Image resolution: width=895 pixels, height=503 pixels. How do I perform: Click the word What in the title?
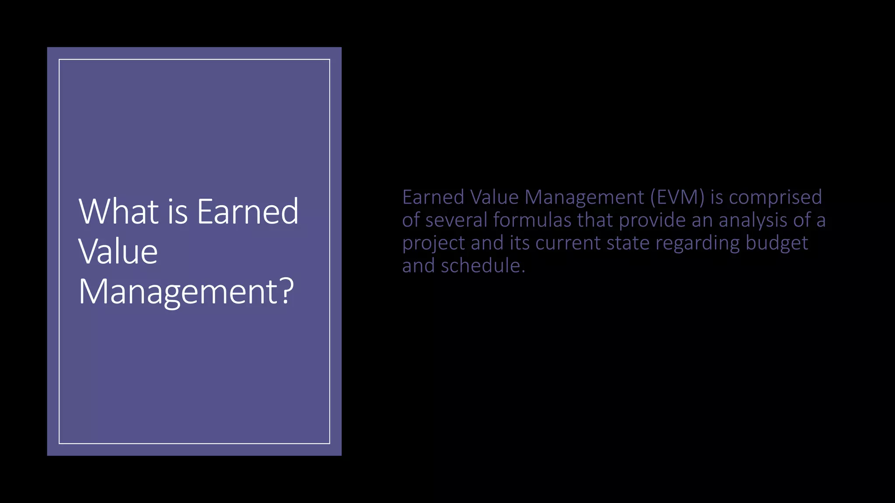coord(118,211)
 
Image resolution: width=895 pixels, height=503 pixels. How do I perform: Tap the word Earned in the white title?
coord(247,211)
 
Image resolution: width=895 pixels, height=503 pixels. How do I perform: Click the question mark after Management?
coord(287,292)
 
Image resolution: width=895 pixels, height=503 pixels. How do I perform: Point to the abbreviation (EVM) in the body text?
coord(677,197)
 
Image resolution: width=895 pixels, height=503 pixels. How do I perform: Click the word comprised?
coord(775,197)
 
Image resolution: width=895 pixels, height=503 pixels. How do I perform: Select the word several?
coord(456,220)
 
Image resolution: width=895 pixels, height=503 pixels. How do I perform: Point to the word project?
coord(434,244)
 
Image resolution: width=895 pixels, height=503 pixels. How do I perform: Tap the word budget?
coord(777,243)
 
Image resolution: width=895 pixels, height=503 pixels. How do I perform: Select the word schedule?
coord(482,266)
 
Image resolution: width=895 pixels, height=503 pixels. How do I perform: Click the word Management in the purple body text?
coord(584,197)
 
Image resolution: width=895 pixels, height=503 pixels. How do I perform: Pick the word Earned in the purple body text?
coord(433,197)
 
